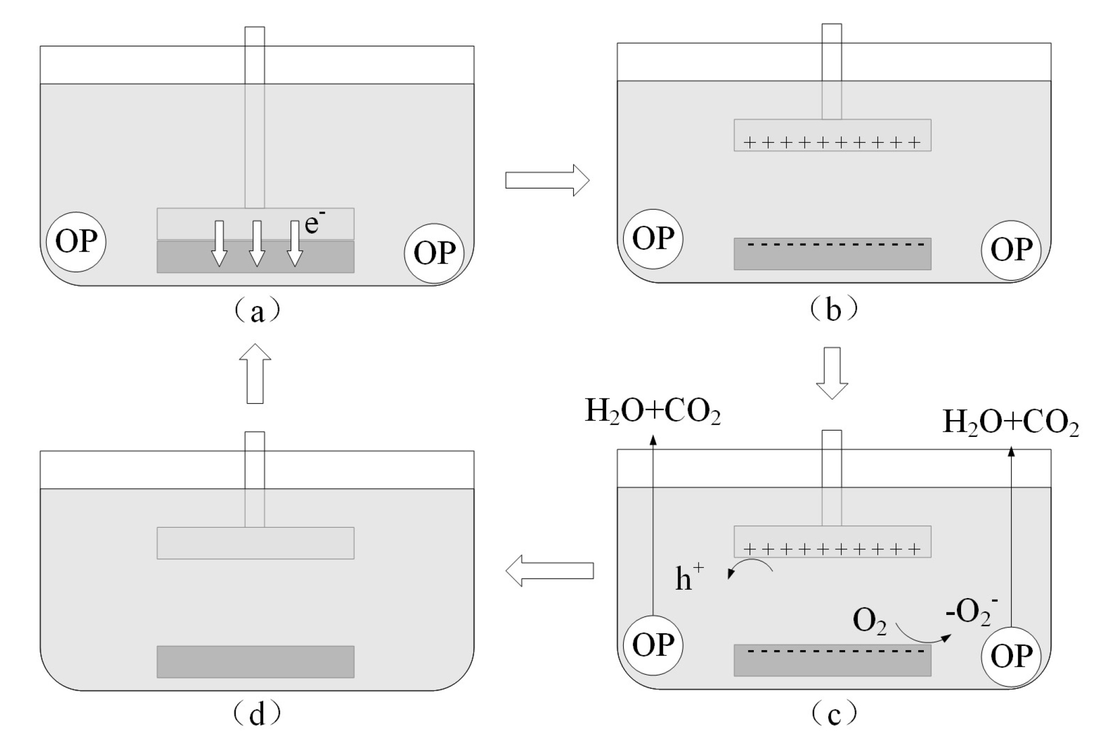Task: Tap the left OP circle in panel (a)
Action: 76,242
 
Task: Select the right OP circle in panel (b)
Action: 1011,249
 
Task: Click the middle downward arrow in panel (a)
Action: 257,243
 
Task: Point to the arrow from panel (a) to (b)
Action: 547,180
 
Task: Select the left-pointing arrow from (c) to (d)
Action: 549,570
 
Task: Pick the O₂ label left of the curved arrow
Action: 869,621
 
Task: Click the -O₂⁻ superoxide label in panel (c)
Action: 971,612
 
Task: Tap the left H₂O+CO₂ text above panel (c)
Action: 652,411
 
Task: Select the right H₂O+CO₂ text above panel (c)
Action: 1010,422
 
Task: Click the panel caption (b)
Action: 833,310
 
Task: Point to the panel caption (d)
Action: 256,714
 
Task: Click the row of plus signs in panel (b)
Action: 832,142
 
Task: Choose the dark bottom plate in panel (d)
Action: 256,662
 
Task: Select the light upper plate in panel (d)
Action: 256,543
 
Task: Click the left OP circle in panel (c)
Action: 653,645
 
